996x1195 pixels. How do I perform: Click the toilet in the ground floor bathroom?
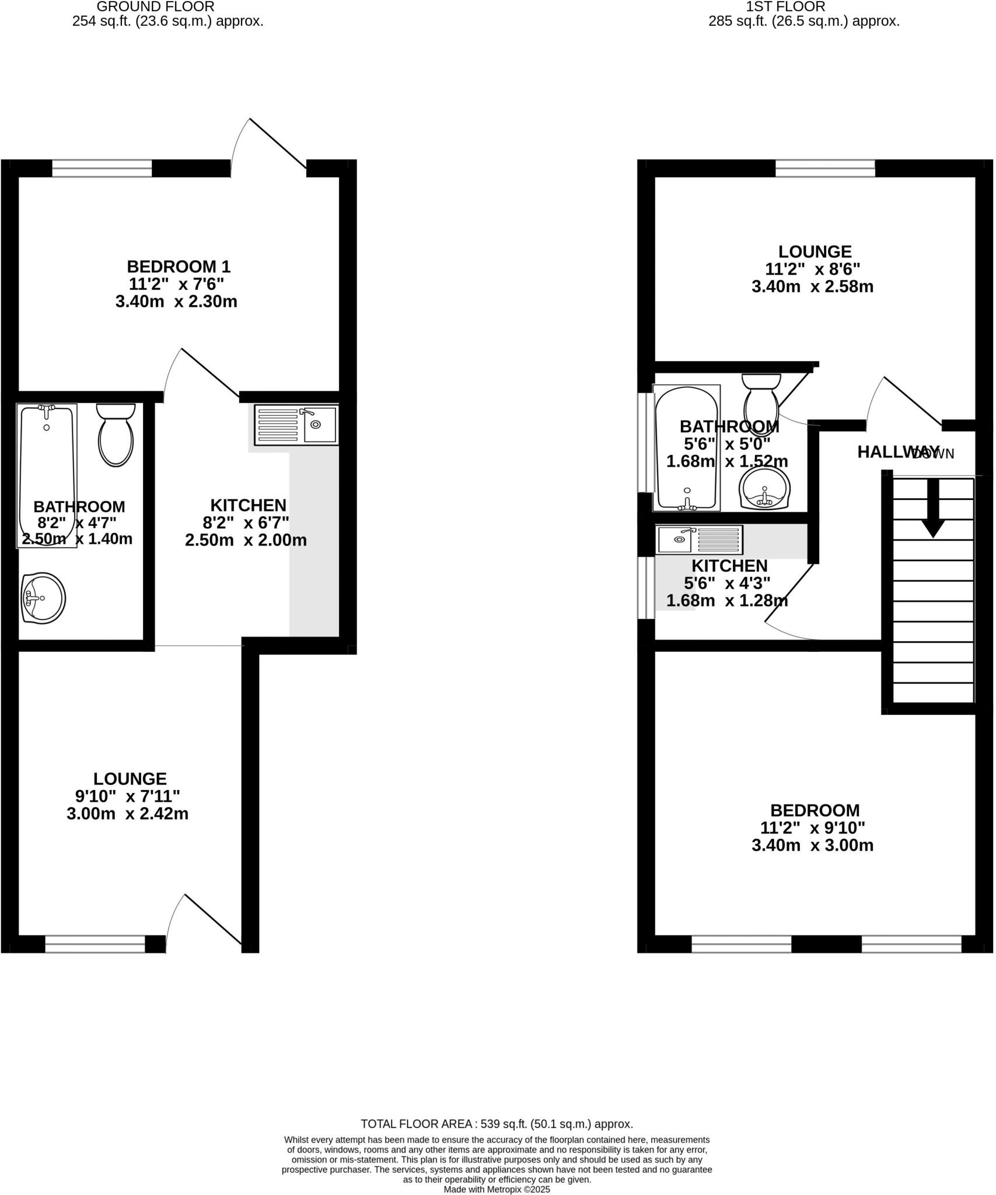click(116, 435)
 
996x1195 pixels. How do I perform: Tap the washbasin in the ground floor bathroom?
click(43, 598)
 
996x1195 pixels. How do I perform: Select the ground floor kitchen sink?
click(296, 424)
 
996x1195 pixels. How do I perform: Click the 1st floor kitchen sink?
click(700, 540)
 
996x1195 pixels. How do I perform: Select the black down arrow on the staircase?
click(933, 508)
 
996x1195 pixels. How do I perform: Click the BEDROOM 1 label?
click(179, 267)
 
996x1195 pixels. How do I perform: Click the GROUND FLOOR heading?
click(155, 7)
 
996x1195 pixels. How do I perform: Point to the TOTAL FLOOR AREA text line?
click(497, 1124)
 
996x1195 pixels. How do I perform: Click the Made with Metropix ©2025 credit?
click(497, 1189)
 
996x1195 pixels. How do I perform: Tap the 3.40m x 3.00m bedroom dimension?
click(812, 845)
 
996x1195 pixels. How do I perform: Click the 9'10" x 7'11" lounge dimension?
click(127, 796)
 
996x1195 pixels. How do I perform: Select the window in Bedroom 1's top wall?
click(102, 169)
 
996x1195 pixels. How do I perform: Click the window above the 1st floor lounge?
click(825, 169)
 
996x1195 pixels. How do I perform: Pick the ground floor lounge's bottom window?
click(95, 944)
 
